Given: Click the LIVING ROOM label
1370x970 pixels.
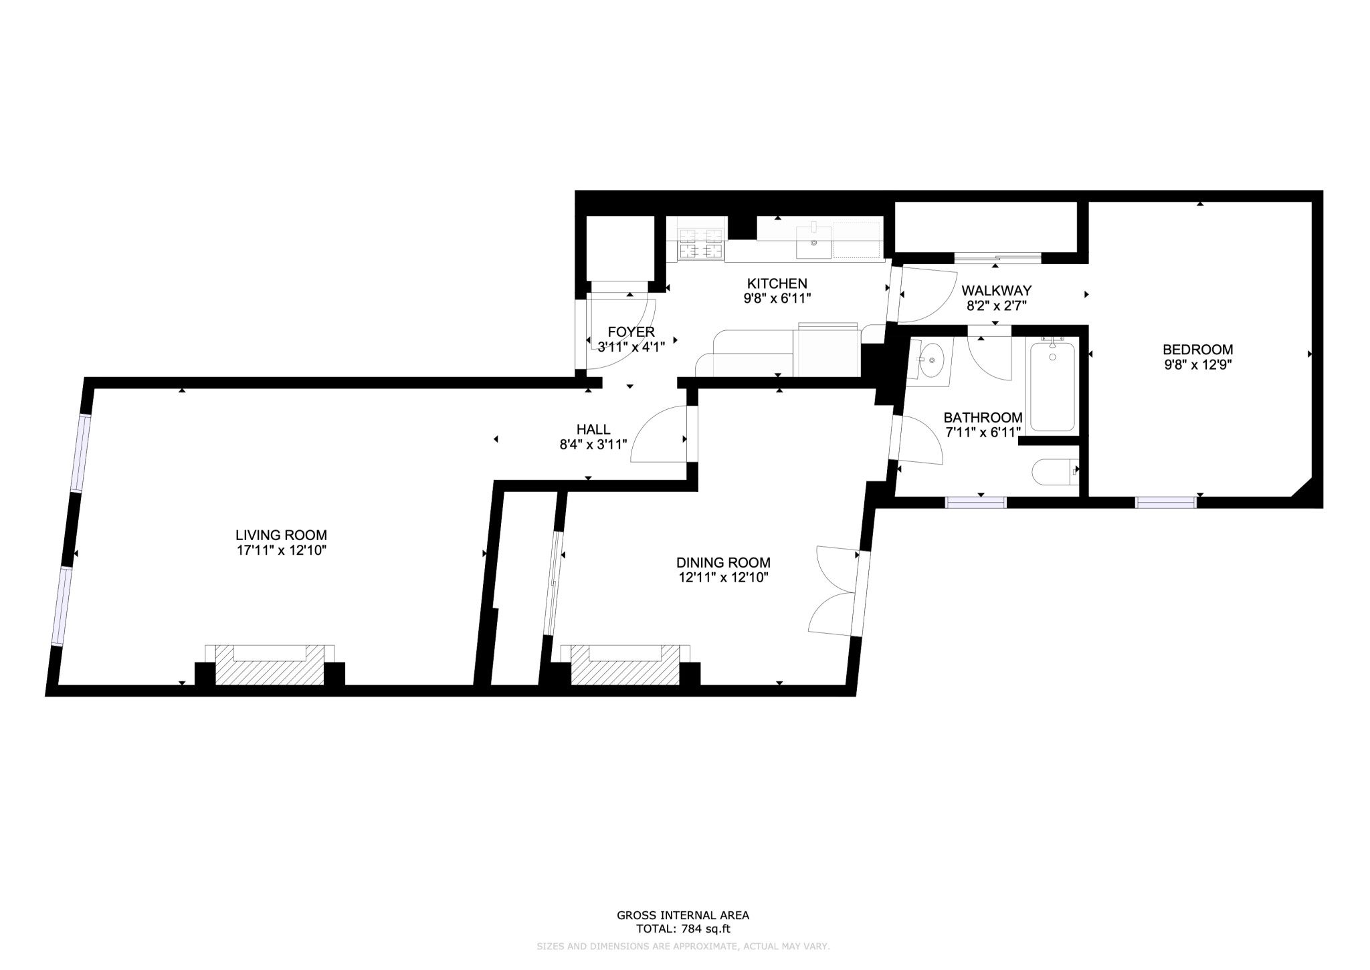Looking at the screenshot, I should (x=281, y=535).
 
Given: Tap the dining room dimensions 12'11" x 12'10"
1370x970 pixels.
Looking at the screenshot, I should (x=723, y=578).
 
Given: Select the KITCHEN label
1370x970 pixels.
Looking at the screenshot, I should (x=777, y=283).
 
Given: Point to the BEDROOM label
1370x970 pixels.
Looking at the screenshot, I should (x=1197, y=349).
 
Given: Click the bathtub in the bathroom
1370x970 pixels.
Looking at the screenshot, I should (x=1052, y=386).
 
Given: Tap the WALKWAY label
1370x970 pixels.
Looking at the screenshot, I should (x=996, y=291).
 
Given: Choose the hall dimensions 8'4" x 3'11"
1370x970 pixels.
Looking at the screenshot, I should (x=593, y=445).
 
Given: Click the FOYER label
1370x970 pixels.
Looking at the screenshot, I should (x=631, y=332).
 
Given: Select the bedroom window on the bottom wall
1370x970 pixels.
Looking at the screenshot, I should (x=1166, y=503).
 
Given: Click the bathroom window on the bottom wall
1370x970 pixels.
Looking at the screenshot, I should (x=975, y=503).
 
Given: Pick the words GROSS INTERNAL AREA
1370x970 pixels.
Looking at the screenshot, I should (x=682, y=915).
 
